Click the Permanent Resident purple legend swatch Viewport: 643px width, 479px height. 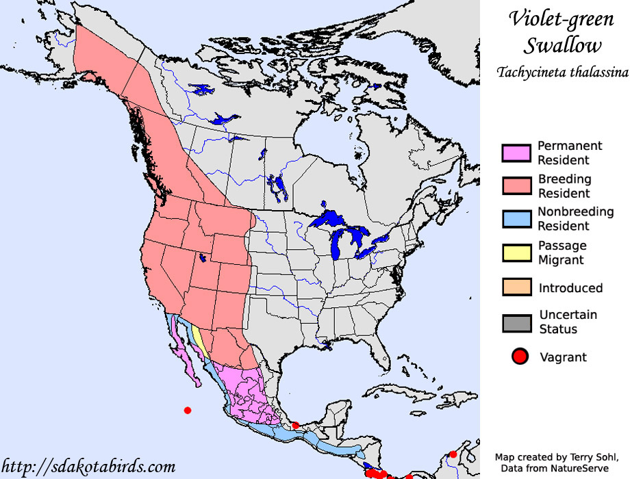pyautogui.click(x=516, y=153)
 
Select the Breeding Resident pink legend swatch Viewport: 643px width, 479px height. pyautogui.click(x=516, y=187)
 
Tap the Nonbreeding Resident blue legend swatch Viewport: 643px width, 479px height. pyautogui.click(x=516, y=220)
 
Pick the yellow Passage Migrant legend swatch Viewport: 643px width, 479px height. pyautogui.click(x=516, y=253)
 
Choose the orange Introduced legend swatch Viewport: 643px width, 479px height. pyautogui.click(x=516, y=287)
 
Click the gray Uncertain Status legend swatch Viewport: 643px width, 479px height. pyautogui.click(x=516, y=322)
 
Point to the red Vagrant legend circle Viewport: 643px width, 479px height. pyautogui.click(x=518, y=357)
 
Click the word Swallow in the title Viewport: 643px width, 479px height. pyautogui.click(x=563, y=45)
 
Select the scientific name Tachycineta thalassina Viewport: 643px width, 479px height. pyautogui.click(x=563, y=72)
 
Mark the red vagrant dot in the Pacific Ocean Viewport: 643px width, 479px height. pyautogui.click(x=188, y=410)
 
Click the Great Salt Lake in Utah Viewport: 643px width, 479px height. pyautogui.click(x=202, y=259)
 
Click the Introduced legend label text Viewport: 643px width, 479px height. pyautogui.click(x=570, y=288)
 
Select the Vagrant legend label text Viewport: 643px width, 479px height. pyautogui.click(x=563, y=357)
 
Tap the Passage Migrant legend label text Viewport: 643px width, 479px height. pyautogui.click(x=562, y=253)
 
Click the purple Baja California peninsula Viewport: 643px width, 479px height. pyautogui.click(x=184, y=349)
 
